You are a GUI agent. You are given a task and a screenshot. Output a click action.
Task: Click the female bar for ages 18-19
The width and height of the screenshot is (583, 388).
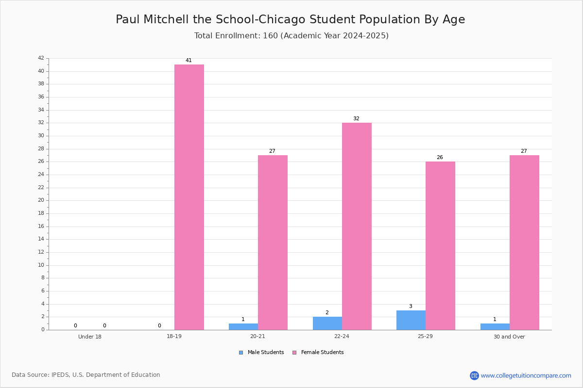click(x=189, y=197)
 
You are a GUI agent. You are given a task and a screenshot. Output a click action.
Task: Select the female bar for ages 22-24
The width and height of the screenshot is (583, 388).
click(x=357, y=226)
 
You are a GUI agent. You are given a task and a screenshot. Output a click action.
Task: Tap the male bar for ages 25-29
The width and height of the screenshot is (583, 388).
click(x=411, y=320)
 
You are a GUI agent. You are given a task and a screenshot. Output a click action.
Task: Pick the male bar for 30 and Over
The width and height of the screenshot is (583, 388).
click(x=495, y=327)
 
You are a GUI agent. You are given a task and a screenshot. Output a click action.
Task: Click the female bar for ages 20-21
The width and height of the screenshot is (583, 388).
click(x=273, y=242)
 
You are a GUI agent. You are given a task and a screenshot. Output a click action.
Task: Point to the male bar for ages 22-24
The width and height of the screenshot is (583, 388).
click(x=327, y=323)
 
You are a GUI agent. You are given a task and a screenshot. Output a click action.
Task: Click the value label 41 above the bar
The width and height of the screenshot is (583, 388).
click(x=189, y=60)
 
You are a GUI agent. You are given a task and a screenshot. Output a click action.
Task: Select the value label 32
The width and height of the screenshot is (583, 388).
click(x=356, y=118)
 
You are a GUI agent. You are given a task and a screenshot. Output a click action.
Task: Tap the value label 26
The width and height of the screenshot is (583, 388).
click(x=440, y=157)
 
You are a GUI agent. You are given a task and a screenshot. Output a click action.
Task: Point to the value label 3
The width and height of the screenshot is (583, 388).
click(x=411, y=306)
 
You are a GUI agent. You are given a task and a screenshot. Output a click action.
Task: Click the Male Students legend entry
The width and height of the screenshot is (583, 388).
click(x=261, y=352)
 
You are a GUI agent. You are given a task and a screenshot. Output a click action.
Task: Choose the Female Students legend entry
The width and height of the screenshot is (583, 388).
click(x=318, y=352)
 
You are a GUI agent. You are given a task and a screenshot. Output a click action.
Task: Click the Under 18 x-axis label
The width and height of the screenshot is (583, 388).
click(x=90, y=337)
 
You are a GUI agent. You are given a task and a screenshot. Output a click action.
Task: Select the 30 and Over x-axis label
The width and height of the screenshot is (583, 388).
click(x=509, y=337)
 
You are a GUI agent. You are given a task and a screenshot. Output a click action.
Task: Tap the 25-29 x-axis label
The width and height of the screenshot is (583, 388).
click(x=425, y=336)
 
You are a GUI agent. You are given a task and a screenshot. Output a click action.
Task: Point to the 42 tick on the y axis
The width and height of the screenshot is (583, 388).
click(x=41, y=58)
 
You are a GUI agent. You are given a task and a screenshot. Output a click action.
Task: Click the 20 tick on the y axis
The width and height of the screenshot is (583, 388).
click(x=41, y=200)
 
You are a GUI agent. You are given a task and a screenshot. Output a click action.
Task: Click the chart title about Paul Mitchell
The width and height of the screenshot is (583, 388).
click(x=290, y=19)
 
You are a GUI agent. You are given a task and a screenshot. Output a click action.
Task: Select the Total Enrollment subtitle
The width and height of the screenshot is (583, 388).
click(x=291, y=35)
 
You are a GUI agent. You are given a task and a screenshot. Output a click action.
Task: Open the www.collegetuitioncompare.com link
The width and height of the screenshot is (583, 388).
click(x=526, y=375)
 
